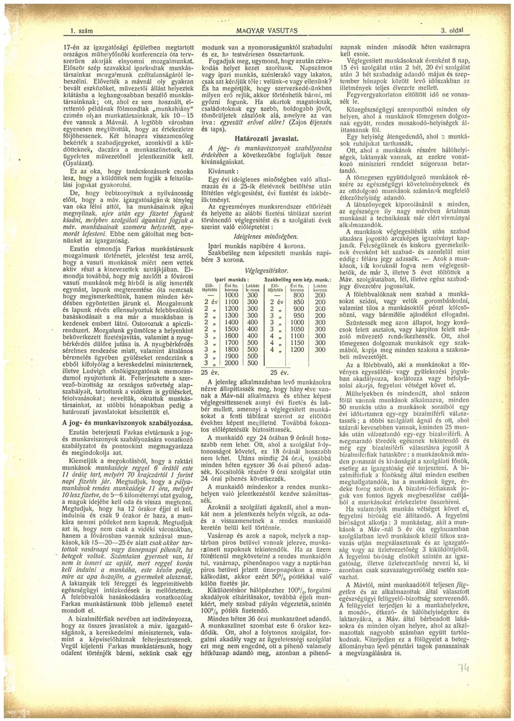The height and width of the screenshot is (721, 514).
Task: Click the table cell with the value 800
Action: (299, 295)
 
